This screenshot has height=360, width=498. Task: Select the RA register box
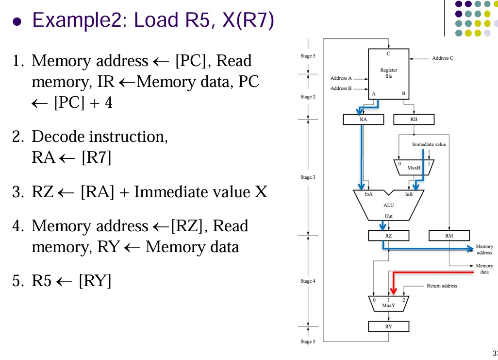click(x=363, y=119)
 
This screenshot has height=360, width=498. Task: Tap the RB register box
click(x=414, y=119)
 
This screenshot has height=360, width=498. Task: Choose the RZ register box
click(x=388, y=236)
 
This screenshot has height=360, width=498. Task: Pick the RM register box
click(x=449, y=236)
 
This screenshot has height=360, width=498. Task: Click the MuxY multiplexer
click(x=388, y=303)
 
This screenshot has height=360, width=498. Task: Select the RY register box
click(x=388, y=326)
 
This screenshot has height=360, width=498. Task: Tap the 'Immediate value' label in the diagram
click(x=429, y=144)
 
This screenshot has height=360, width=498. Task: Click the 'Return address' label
click(x=442, y=286)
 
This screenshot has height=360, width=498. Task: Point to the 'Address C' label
click(x=443, y=58)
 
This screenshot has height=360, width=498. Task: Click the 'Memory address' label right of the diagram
click(x=484, y=250)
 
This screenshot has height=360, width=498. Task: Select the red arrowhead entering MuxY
click(x=393, y=291)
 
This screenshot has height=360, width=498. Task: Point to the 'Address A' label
click(x=341, y=78)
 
